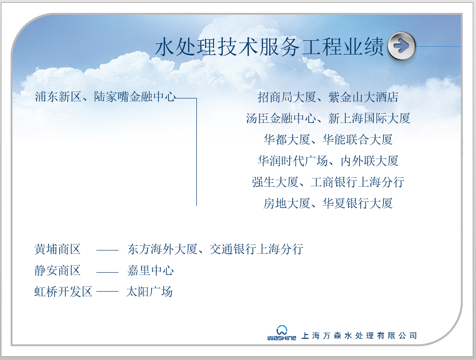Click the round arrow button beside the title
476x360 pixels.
[401, 46]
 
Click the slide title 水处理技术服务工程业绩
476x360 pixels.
[269, 47]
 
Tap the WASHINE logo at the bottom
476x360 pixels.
[282, 334]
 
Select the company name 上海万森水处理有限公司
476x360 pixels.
[359, 336]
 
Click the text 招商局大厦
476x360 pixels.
[287, 97]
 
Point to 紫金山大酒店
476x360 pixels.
[363, 97]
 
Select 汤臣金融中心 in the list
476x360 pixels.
[281, 118]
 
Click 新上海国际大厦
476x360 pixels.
[369, 118]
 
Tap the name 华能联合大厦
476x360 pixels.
[358, 140]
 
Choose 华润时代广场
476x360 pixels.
[293, 161]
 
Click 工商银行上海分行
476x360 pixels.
[357, 182]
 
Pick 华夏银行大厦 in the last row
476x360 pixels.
[358, 203]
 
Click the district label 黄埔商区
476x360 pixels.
[58, 249]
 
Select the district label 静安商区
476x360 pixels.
[58, 270]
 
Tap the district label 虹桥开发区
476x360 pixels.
[63, 292]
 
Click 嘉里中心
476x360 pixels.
[151, 270]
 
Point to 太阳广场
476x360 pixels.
[149, 292]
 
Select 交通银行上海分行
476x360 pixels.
[256, 249]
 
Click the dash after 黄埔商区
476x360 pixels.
[107, 250]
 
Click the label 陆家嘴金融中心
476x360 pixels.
[135, 97]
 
